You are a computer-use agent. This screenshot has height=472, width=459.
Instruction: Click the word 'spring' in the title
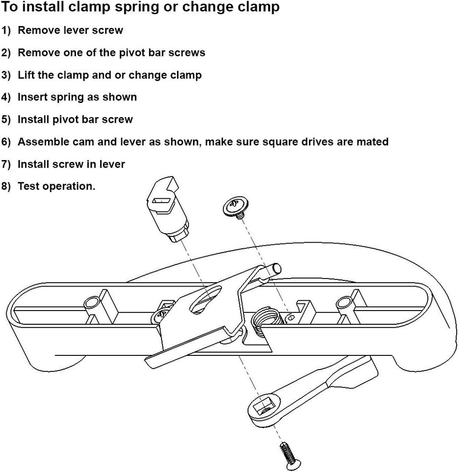[x=126, y=7]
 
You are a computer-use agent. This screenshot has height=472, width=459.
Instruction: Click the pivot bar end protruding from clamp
[x=273, y=270]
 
